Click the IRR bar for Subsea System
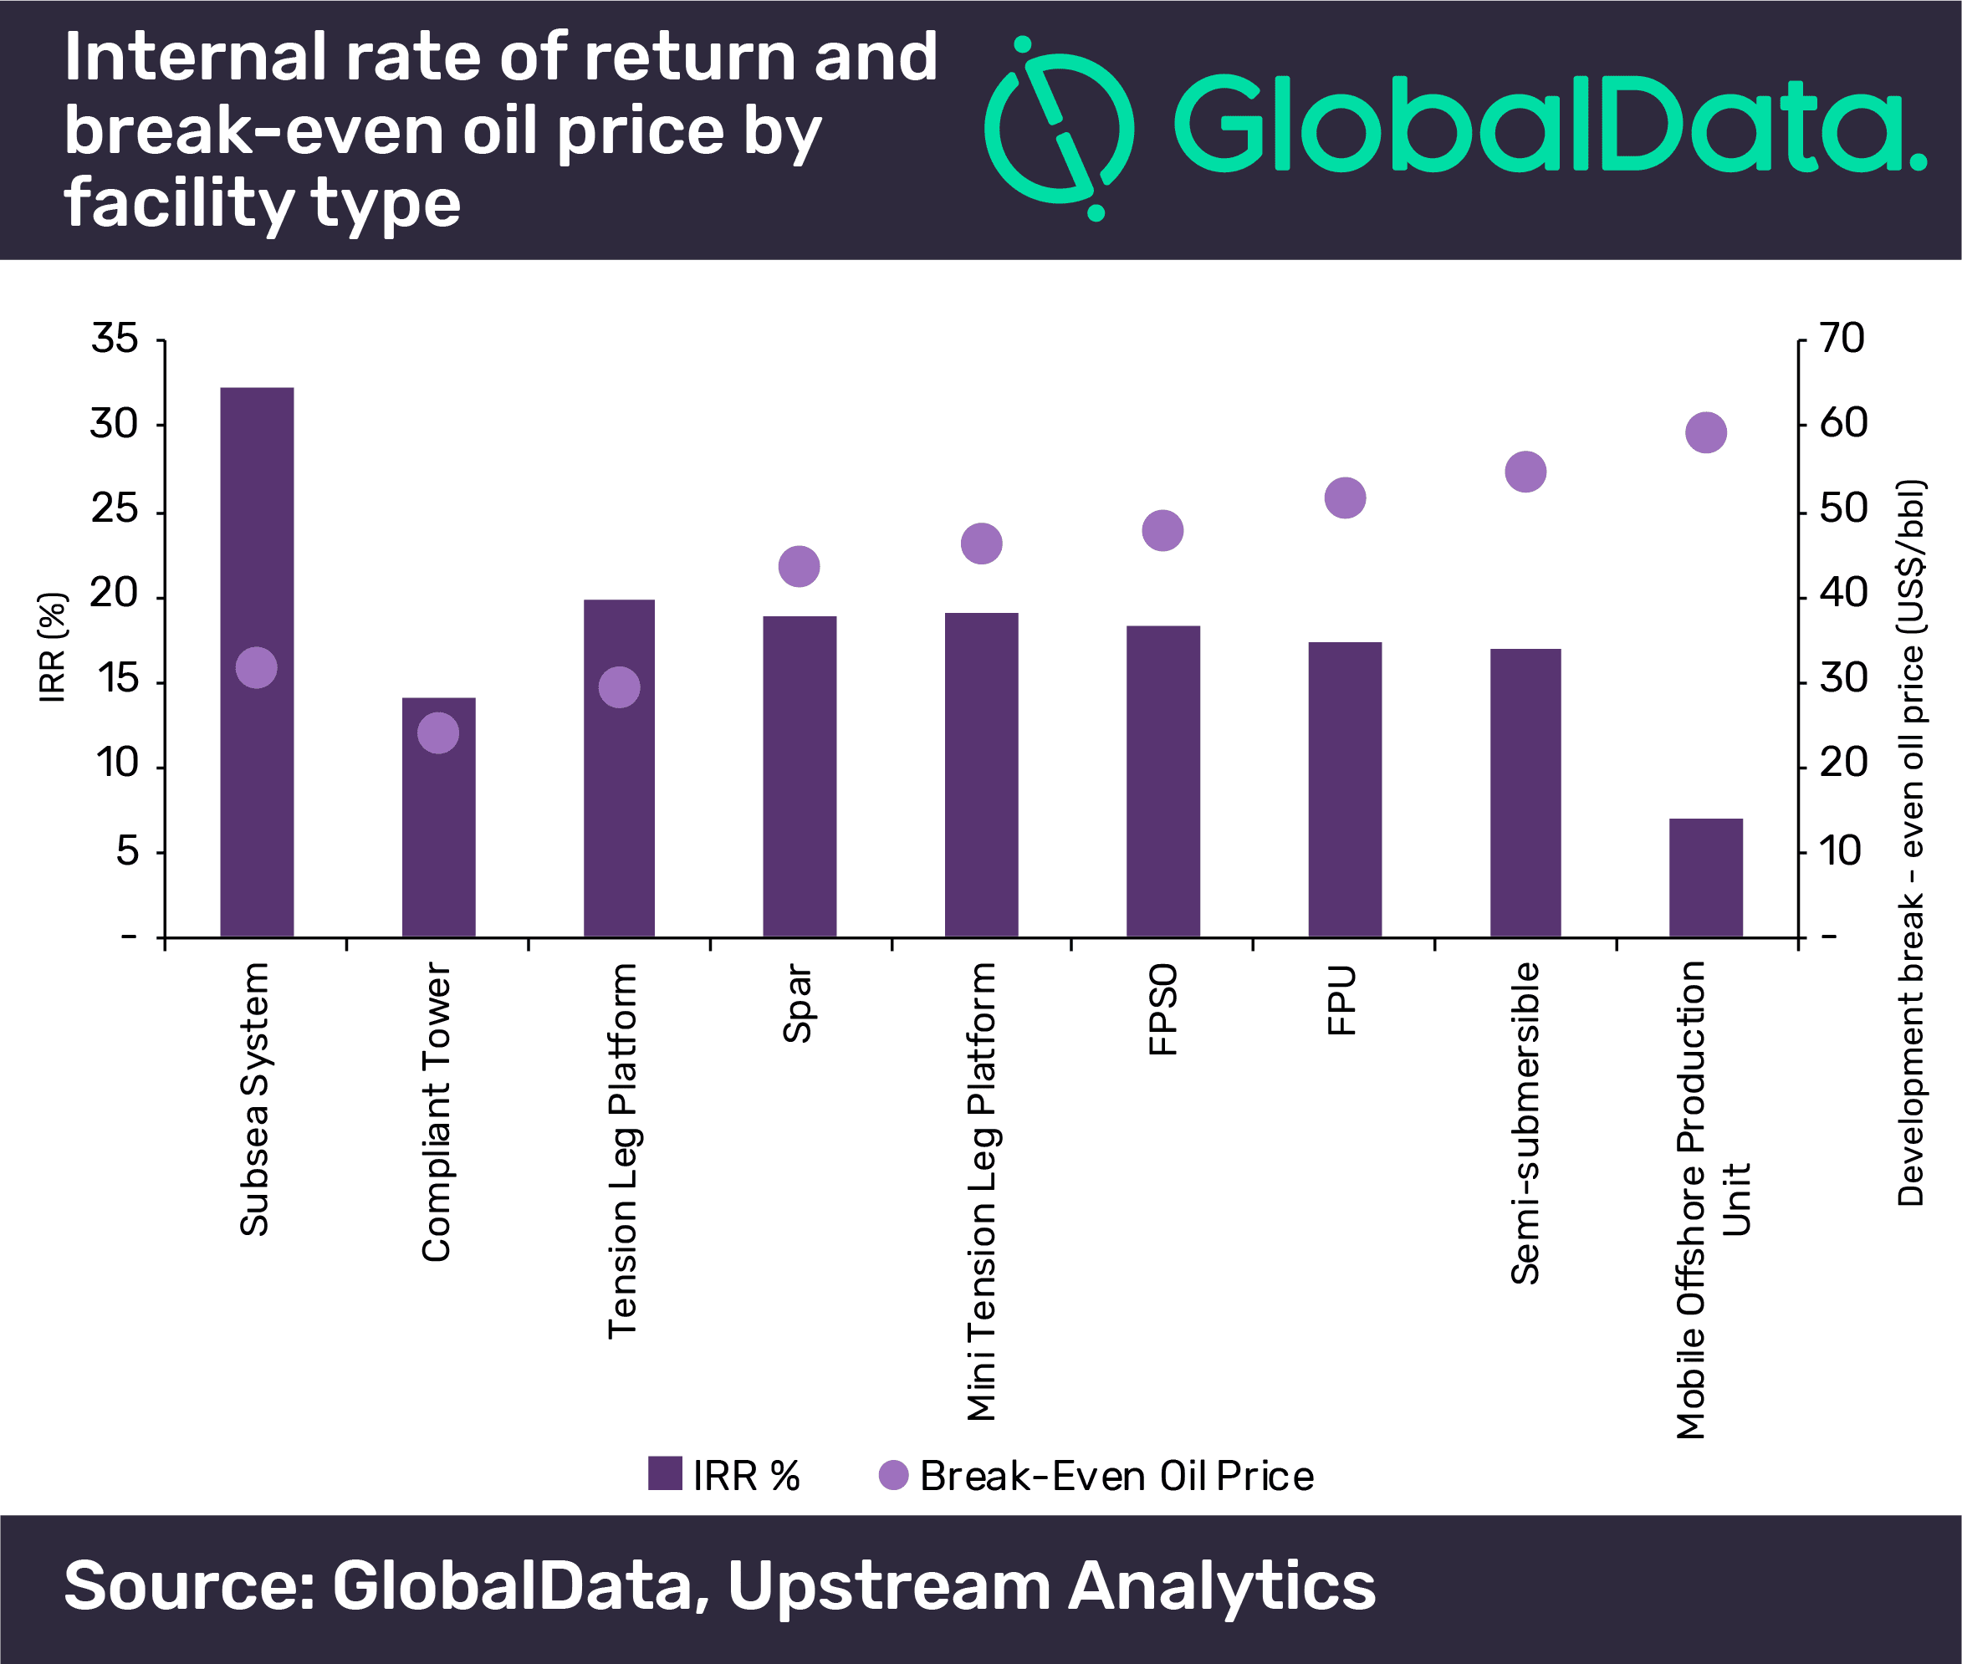tap(257, 528)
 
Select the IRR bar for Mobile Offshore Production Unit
tap(1705, 877)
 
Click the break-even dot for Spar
tap(799, 566)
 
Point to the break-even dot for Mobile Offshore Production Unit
tap(1705, 433)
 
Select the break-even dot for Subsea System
tap(257, 668)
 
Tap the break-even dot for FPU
tap(1345, 498)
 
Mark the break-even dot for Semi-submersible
tap(1525, 472)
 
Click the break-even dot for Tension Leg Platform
tap(619, 687)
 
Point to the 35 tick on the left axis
tap(115, 339)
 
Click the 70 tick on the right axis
tap(1842, 339)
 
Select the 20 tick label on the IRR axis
tap(115, 595)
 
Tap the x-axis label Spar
tap(798, 1003)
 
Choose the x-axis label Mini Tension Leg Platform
tap(981, 1192)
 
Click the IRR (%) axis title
tap(53, 647)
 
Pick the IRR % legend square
tap(665, 1473)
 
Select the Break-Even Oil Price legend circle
tap(893, 1474)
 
